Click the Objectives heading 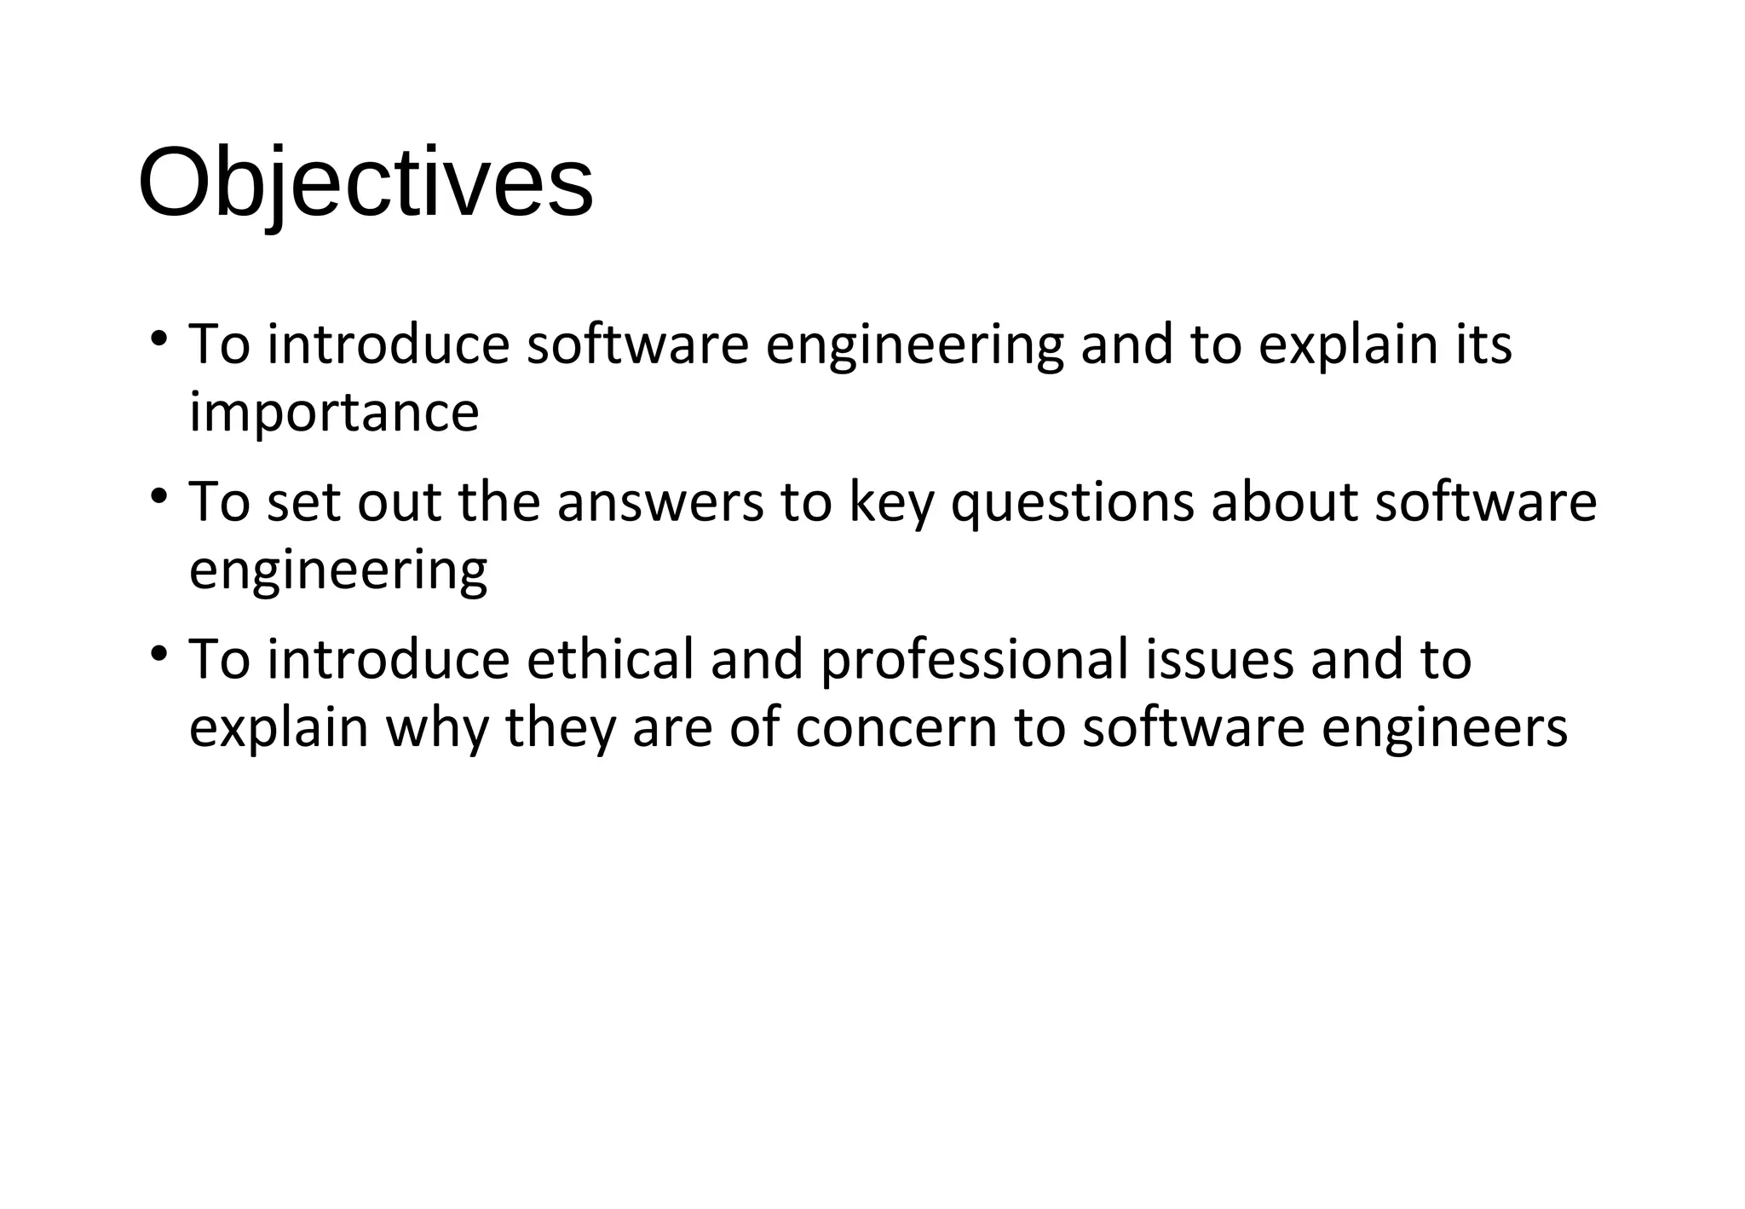(x=366, y=183)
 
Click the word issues (x=1219, y=659)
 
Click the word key (x=891, y=503)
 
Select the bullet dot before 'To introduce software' (x=158, y=338)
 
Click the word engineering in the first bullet (x=914, y=345)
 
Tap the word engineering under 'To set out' (x=338, y=570)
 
